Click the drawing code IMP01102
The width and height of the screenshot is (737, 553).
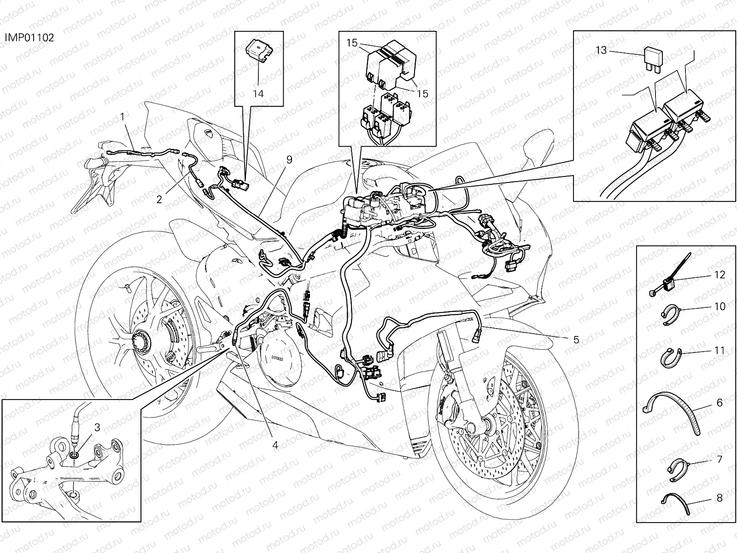[29, 37]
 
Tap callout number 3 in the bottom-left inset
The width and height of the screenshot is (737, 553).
[97, 427]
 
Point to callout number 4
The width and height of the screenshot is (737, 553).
[275, 445]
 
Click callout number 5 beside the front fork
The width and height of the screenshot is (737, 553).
[576, 340]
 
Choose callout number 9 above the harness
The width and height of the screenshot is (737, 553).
[289, 159]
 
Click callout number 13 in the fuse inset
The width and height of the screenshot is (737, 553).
[602, 50]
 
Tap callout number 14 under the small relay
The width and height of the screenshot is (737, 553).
[258, 94]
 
